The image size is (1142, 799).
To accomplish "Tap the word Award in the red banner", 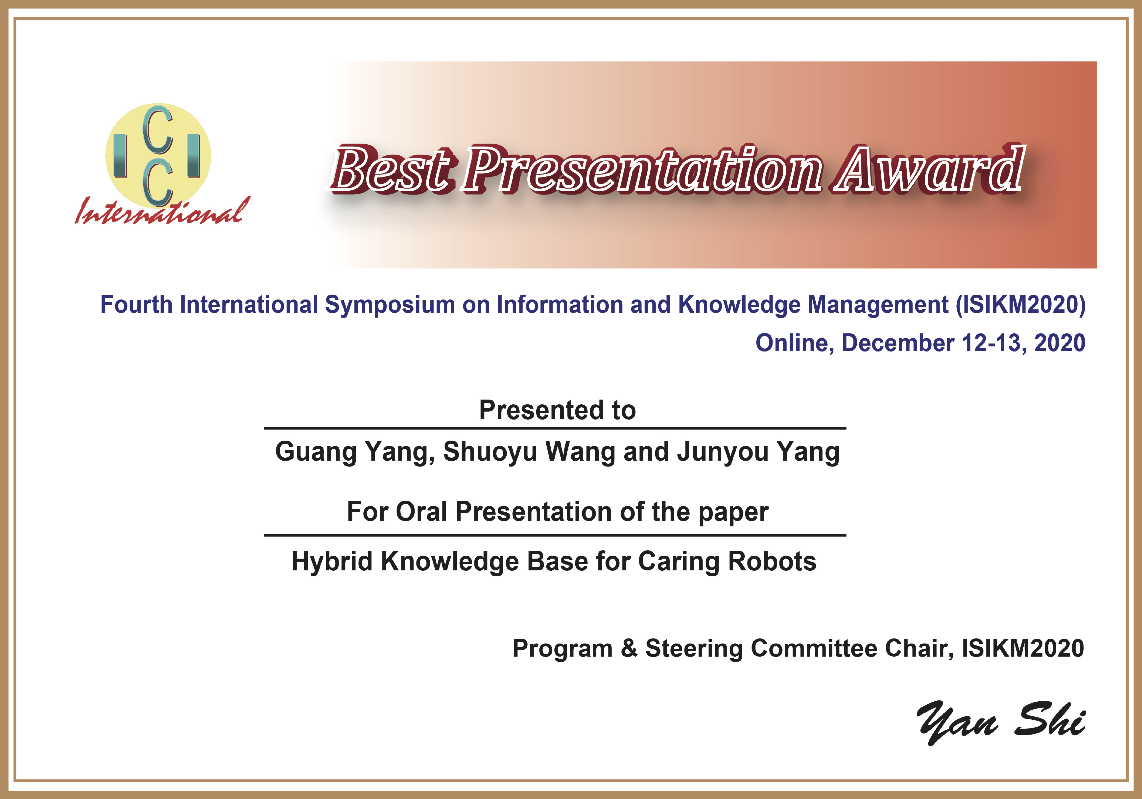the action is [929, 169].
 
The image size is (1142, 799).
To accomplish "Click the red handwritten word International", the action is [162, 211].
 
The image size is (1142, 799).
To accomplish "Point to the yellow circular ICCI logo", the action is [158, 155].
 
